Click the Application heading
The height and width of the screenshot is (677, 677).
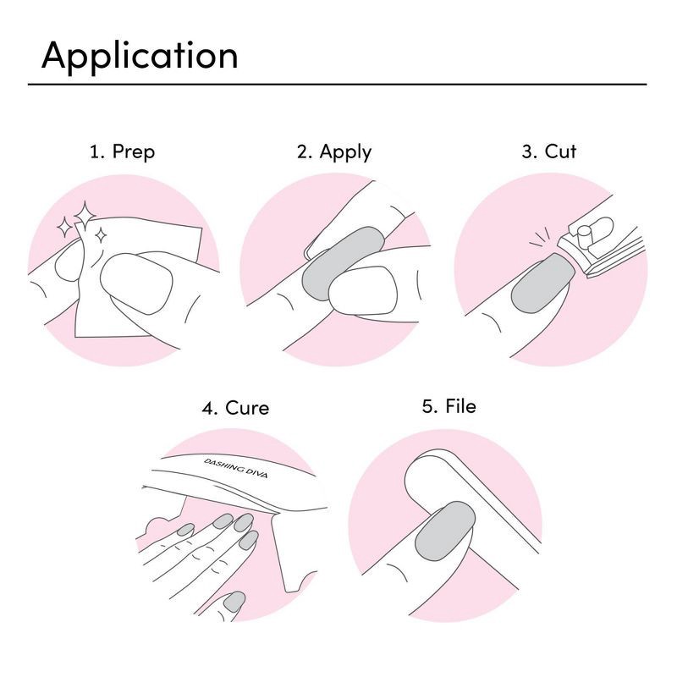click(140, 56)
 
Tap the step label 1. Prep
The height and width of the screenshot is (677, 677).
click(122, 152)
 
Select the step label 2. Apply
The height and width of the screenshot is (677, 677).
click(333, 152)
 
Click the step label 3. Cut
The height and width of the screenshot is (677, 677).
click(548, 152)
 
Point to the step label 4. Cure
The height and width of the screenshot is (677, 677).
click(235, 408)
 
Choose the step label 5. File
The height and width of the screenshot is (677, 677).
click(449, 406)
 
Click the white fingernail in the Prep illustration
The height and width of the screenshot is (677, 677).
click(135, 283)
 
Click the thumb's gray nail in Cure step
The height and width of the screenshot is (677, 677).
click(234, 603)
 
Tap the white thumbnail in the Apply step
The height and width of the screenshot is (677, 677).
click(362, 292)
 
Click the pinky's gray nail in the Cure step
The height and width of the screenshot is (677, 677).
click(186, 531)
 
